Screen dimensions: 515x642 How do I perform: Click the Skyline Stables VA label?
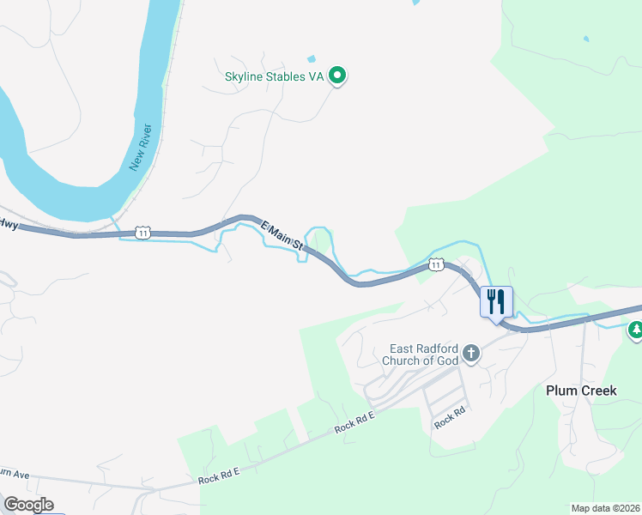pyautogui.click(x=274, y=76)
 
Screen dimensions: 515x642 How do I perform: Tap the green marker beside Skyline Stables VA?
pyautogui.click(x=338, y=76)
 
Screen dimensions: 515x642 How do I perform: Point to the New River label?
pyautogui.click(x=142, y=148)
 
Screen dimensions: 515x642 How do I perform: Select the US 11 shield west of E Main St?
pyautogui.click(x=142, y=233)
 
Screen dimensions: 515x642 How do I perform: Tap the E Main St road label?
pyautogui.click(x=283, y=239)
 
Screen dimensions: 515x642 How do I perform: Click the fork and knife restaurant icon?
pyautogui.click(x=496, y=302)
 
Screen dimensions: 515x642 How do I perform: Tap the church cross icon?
pyautogui.click(x=470, y=352)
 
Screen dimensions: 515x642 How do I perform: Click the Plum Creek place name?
pyautogui.click(x=581, y=391)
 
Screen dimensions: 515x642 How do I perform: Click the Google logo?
pyautogui.click(x=28, y=505)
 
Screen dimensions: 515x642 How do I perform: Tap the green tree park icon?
pyautogui.click(x=636, y=330)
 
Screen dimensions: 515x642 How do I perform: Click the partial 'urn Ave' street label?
pyautogui.click(x=15, y=475)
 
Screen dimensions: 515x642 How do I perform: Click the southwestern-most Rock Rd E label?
pyautogui.click(x=217, y=476)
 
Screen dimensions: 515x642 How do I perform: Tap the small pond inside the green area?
pyautogui.click(x=586, y=39)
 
